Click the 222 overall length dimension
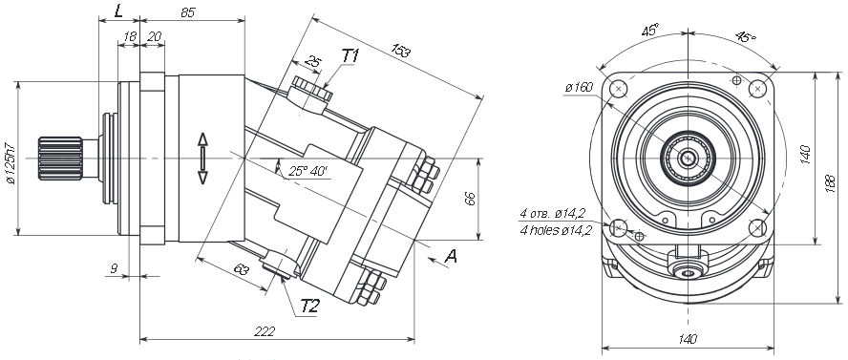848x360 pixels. (x=265, y=331)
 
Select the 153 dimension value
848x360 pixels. (x=401, y=51)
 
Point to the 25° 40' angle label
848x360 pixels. (x=307, y=171)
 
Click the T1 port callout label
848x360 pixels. (x=350, y=55)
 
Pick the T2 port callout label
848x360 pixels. (x=310, y=307)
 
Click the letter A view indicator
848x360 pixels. (x=450, y=256)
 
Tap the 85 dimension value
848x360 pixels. (x=188, y=12)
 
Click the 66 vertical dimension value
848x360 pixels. (x=470, y=199)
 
